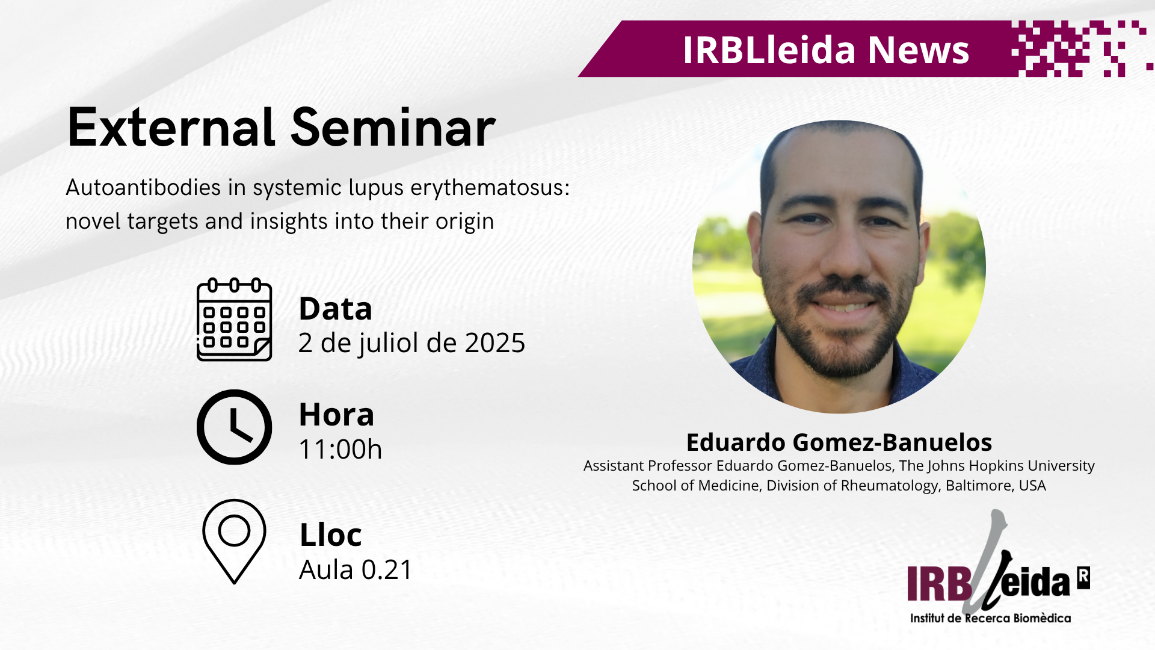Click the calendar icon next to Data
[235, 320]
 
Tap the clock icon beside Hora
[235, 427]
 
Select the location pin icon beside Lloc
[234, 541]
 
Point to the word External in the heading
[171, 128]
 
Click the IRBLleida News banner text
[826, 49]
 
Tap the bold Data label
[335, 309]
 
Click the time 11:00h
[340, 450]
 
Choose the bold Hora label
[336, 415]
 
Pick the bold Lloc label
[330, 534]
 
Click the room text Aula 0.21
[356, 569]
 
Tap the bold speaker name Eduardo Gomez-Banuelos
[839, 442]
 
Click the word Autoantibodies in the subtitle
[143, 187]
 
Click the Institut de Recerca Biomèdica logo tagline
[990, 618]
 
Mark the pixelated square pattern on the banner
[1081, 49]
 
